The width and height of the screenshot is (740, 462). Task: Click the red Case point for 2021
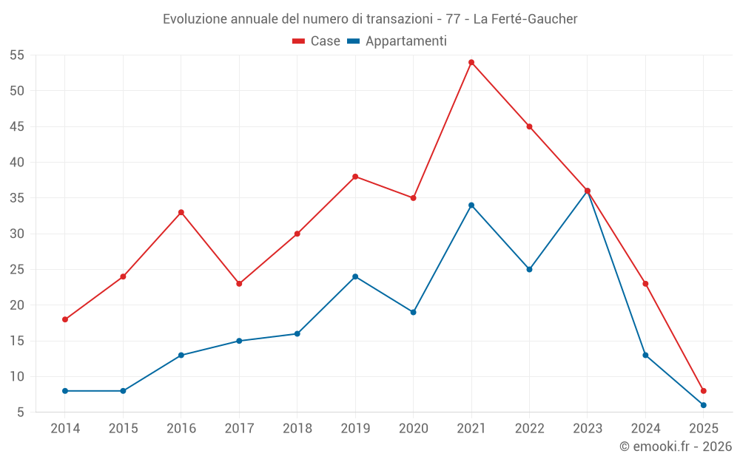click(471, 62)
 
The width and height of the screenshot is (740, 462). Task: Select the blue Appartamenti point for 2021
click(471, 205)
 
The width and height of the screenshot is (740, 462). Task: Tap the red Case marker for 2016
click(181, 212)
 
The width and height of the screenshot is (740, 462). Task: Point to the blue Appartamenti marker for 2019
click(355, 276)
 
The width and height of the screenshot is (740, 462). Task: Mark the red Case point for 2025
click(704, 390)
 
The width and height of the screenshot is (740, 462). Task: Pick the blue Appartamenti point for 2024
click(645, 355)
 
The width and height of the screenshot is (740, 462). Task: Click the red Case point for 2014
click(65, 319)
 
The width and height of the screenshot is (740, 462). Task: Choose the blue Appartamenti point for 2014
click(65, 390)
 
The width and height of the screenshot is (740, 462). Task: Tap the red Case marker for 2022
click(529, 126)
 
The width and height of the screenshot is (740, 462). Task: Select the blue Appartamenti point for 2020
click(413, 312)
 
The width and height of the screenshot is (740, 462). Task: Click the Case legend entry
click(317, 41)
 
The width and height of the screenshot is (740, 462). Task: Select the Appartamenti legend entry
click(397, 41)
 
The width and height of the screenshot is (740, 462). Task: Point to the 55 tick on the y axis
click(17, 55)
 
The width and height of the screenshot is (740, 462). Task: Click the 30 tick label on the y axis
click(17, 234)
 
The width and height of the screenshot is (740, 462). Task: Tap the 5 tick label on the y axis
click(21, 412)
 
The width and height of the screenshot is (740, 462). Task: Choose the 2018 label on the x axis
click(297, 429)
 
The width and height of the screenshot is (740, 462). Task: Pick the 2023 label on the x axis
click(587, 429)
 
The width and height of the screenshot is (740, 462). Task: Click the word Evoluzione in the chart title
click(195, 19)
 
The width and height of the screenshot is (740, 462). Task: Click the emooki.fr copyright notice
click(676, 446)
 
